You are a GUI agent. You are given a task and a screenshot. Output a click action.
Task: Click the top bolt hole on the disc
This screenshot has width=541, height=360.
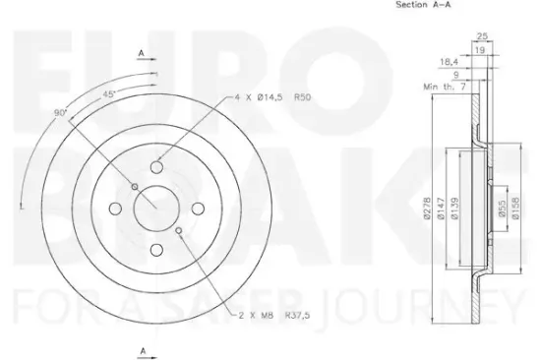(x=158, y=166)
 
